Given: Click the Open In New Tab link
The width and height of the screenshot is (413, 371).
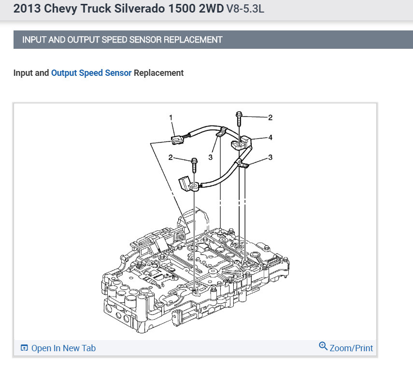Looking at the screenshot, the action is click(x=58, y=348).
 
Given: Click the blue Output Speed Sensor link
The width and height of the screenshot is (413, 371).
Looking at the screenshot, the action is click(x=91, y=73).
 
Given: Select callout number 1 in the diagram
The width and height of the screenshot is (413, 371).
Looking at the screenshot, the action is click(x=171, y=117).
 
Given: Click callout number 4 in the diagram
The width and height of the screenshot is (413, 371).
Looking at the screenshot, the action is click(x=270, y=137).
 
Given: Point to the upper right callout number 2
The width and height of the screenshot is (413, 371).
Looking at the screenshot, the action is click(x=270, y=117).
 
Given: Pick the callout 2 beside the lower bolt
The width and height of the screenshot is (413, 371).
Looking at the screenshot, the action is click(x=171, y=157).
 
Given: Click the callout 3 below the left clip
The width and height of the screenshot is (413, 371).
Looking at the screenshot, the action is click(x=211, y=157).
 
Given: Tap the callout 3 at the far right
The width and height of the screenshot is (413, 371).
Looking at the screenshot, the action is click(x=270, y=157).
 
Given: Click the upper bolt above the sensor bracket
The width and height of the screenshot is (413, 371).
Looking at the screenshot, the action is click(x=239, y=119).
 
